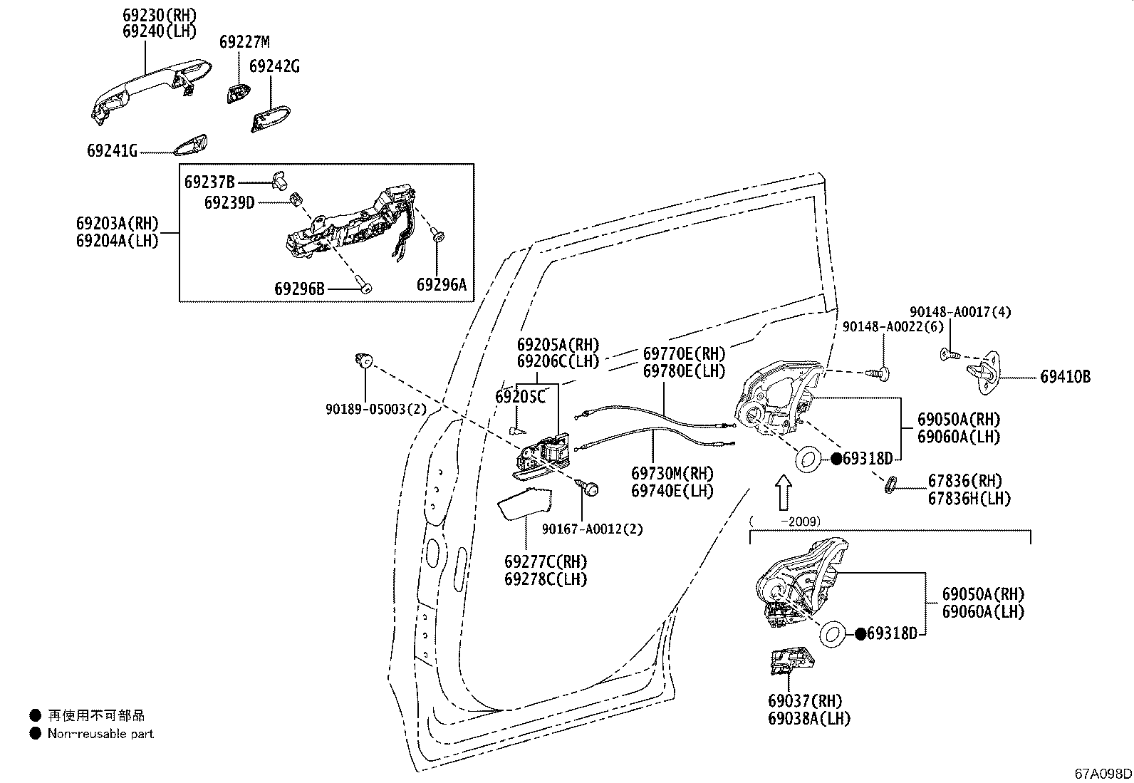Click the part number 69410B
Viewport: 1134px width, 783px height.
1065,378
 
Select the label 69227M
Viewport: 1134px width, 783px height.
244,42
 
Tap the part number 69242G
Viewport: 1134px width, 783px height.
274,67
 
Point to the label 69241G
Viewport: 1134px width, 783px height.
112,151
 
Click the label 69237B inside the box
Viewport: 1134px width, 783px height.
209,182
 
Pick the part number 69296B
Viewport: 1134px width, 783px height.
299,289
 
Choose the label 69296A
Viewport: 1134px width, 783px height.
441,285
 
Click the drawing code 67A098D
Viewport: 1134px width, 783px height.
1103,774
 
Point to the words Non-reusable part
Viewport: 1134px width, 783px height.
100,733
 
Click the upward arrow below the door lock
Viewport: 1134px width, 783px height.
783,493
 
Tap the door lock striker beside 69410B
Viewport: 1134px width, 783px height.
987,370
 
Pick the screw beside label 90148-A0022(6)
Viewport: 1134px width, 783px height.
882,373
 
